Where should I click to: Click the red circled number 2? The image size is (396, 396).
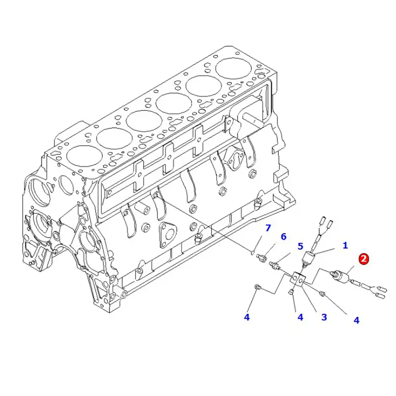[364, 258]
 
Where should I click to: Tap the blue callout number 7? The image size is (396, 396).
[268, 228]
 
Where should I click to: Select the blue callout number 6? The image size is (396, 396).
[283, 237]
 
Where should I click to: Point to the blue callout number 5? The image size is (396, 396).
[300, 246]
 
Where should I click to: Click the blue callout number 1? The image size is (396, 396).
[345, 245]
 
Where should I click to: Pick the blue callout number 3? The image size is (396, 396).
[324, 317]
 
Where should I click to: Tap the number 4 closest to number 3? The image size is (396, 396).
[300, 317]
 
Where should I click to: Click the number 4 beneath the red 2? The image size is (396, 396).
[356, 320]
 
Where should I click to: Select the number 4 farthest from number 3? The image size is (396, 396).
[247, 317]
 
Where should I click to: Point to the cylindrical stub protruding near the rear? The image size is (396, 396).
[249, 119]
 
